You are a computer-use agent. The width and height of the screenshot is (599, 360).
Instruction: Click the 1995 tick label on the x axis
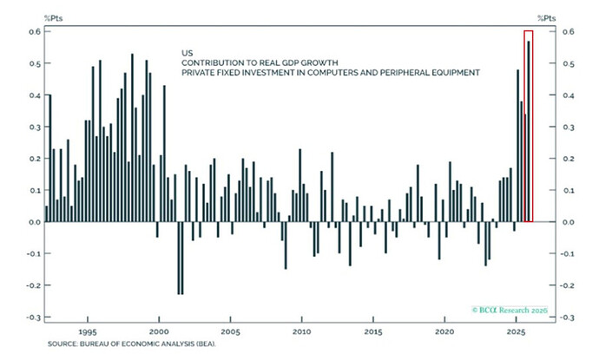(87, 331)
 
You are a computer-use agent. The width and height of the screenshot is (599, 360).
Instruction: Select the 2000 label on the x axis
(159, 331)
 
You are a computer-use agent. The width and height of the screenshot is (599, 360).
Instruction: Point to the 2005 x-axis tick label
(230, 331)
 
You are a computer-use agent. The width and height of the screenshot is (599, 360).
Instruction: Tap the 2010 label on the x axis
(302, 331)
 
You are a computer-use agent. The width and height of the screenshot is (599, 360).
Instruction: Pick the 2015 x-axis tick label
(373, 331)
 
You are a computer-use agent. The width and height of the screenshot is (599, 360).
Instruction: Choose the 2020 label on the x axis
(445, 331)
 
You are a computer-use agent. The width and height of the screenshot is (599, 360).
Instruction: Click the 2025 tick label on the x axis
(517, 331)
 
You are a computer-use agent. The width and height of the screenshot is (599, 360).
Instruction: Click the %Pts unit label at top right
(549, 16)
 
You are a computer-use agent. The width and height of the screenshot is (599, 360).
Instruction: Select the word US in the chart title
(187, 52)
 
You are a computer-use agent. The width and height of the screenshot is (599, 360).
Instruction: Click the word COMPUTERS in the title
(346, 73)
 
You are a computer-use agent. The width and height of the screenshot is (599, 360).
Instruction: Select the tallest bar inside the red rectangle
(528, 130)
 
